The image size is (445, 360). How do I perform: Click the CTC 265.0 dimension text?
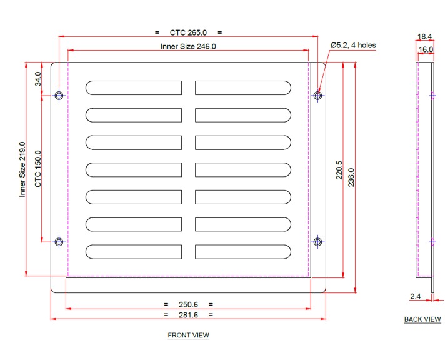187,32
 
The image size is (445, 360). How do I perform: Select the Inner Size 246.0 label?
188,46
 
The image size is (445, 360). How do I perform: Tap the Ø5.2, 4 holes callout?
353,45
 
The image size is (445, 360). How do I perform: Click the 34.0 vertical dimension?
38,79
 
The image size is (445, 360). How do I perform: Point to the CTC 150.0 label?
38,169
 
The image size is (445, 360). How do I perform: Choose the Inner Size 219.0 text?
22,169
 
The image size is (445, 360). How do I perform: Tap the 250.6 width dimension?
188,304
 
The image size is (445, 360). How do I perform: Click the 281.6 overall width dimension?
188,315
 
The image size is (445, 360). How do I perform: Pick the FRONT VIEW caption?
188,336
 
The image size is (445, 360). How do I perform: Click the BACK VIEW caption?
422,319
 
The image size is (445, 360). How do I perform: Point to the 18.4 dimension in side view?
426,37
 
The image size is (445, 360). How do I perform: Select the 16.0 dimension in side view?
426,49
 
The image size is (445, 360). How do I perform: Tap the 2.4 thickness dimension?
416,296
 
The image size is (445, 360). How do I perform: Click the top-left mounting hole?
59,96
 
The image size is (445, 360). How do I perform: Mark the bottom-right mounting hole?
318,241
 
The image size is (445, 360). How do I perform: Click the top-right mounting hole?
318,96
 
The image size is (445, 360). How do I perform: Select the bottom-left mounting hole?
59,241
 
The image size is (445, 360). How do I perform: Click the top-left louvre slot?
134,87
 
